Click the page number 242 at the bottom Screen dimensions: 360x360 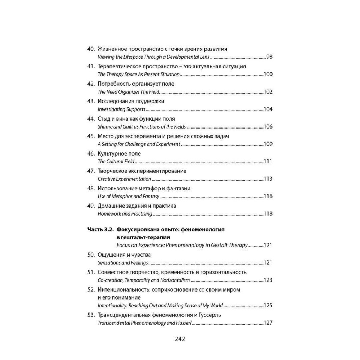point(180,339)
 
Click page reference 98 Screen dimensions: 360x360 point(269,57)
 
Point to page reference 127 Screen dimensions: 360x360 point(268,323)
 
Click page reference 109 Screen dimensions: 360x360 point(268,144)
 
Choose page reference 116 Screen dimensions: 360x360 point(268,197)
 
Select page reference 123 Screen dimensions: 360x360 point(268,280)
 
